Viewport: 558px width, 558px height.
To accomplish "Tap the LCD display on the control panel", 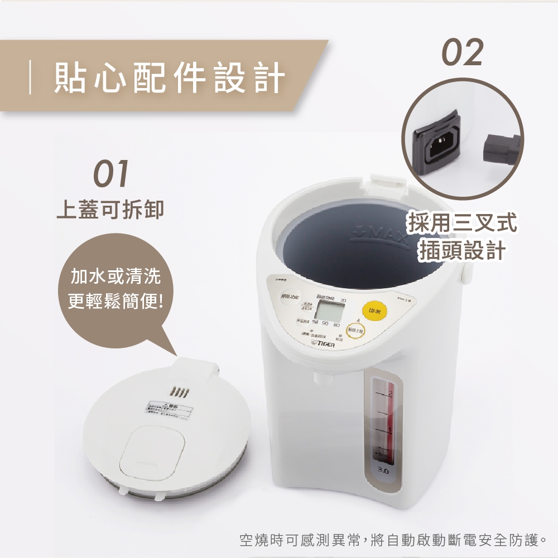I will pyautogui.click(x=325, y=307).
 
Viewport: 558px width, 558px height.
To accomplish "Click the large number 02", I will pyautogui.click(x=463, y=53).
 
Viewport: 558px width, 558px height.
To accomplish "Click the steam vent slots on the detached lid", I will pyautogui.click(x=180, y=389).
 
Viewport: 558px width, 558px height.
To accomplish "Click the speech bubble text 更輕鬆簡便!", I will pyautogui.click(x=116, y=302).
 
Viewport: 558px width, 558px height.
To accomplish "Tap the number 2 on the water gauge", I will pyautogui.click(x=390, y=394).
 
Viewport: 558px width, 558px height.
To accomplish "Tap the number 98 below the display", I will pyautogui.click(x=316, y=324).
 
